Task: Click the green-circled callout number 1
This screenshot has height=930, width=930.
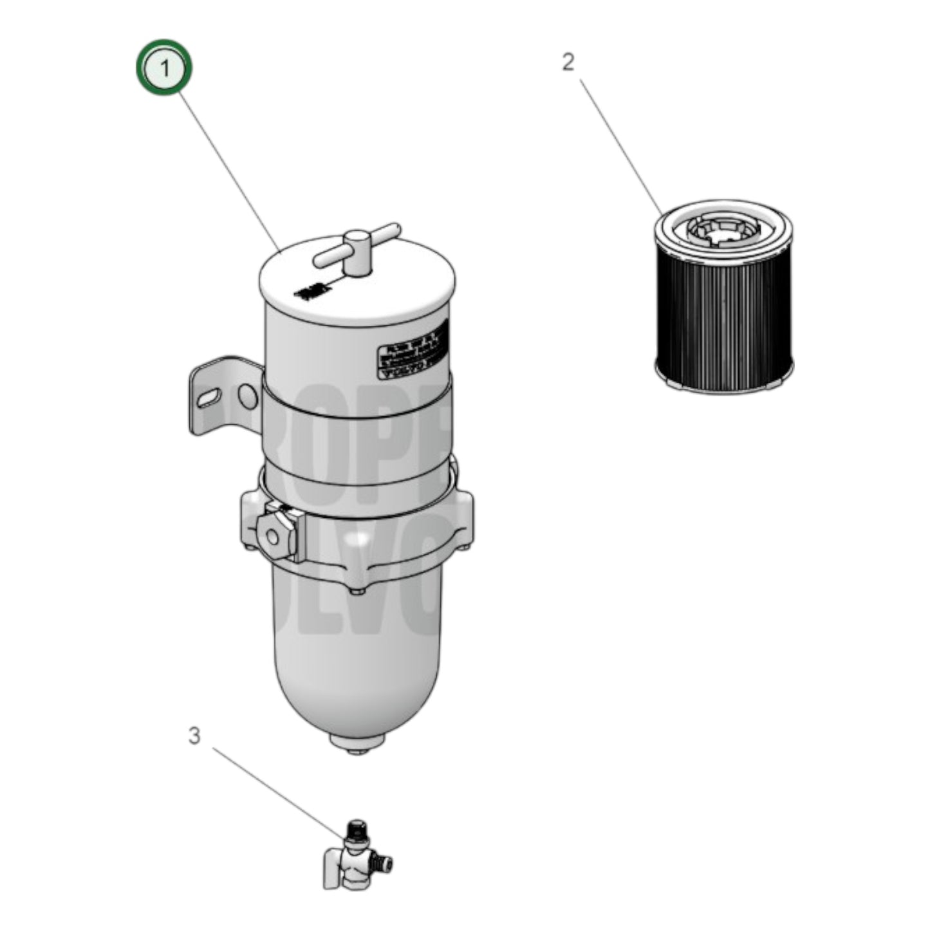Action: pos(164,68)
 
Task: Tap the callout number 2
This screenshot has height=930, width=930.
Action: pos(568,62)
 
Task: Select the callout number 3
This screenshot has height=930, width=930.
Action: pos(194,736)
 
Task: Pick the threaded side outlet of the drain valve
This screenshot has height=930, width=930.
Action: pos(385,863)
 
